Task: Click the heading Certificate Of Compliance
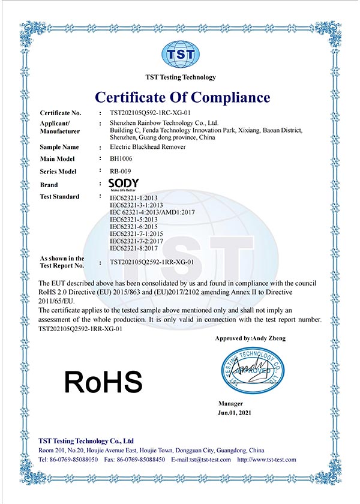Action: (x=181, y=97)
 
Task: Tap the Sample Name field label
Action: (x=59, y=147)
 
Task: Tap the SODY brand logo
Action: (x=124, y=184)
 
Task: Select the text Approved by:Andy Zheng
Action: (x=250, y=338)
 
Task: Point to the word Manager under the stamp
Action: (x=231, y=404)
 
